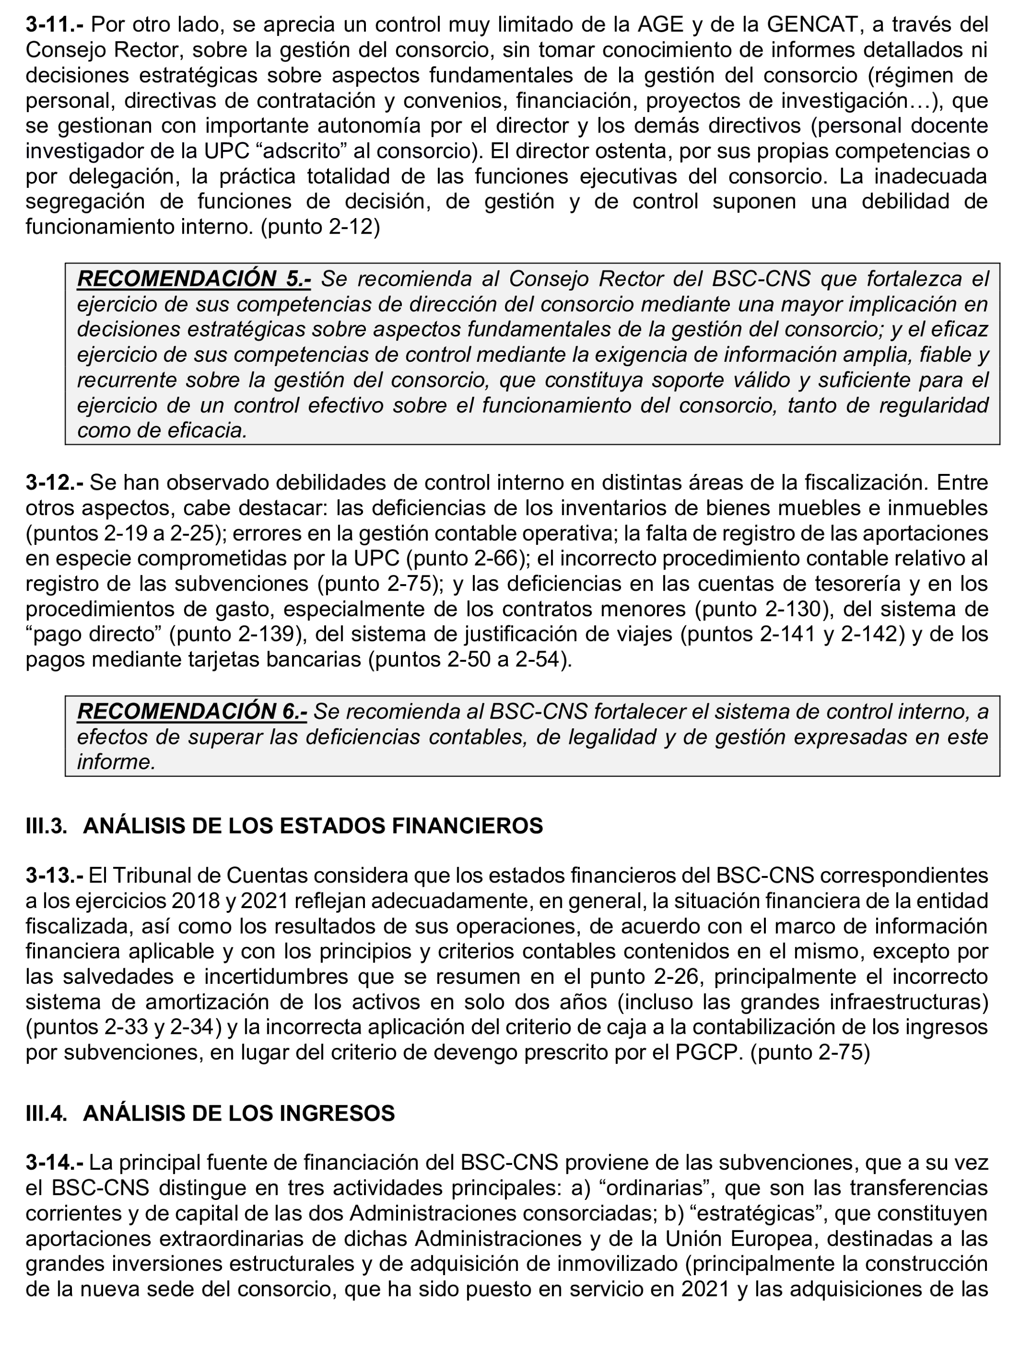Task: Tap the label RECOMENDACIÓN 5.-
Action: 194,279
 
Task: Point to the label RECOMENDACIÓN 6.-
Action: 192,711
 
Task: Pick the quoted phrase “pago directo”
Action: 93,634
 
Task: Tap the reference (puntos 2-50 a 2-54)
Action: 470,660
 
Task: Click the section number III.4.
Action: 46,1113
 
